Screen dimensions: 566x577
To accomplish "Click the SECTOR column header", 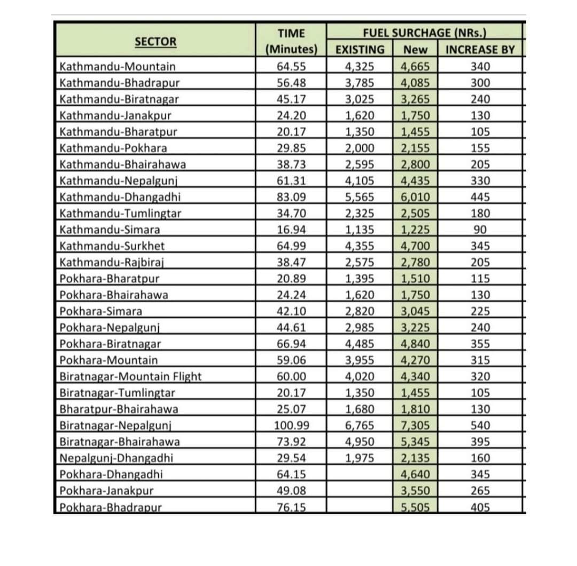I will pos(155,42).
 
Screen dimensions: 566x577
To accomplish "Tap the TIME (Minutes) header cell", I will pos(292,42).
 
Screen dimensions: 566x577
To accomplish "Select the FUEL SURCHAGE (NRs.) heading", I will pos(424,33).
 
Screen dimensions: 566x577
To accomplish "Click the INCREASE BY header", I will pos(480,50).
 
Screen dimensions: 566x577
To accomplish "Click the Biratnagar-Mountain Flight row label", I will pos(131,376).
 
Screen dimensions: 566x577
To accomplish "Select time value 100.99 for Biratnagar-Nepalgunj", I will pos(292,426).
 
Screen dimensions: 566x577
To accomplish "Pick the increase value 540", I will pos(480,426).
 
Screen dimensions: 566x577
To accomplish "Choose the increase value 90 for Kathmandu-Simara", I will pos(480,230).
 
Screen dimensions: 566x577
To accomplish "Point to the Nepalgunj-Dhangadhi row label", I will pos(116,458).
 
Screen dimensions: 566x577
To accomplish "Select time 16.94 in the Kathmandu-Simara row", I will pos(292,230).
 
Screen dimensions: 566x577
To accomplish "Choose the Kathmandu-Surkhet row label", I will pos(112,246).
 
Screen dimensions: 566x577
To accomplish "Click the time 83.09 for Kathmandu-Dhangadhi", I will pos(292,197).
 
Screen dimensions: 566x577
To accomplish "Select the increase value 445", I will pos(480,197).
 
